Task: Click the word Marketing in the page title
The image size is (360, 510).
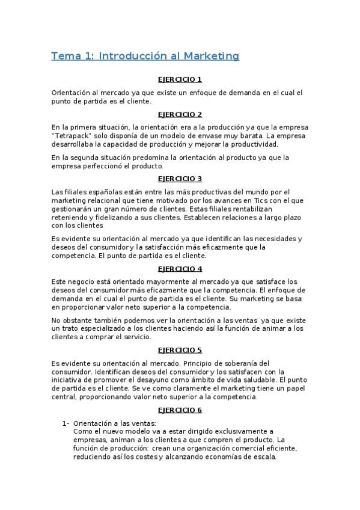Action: point(211,56)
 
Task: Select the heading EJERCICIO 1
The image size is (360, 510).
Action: point(180,80)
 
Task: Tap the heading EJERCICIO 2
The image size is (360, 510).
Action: point(180,114)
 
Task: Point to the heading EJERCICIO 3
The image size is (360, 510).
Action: point(180,179)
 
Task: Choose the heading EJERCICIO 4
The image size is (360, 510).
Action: point(180,268)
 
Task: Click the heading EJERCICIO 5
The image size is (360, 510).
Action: point(180,350)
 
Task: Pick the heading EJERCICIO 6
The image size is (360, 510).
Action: point(180,410)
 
